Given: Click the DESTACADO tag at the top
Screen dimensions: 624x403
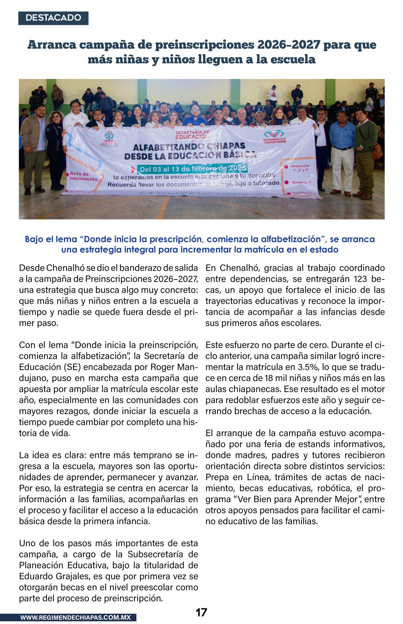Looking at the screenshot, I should (x=53, y=18).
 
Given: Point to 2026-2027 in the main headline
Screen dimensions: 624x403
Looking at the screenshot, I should (x=289, y=45).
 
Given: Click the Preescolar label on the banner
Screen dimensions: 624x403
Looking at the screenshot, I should (x=300, y=166).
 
